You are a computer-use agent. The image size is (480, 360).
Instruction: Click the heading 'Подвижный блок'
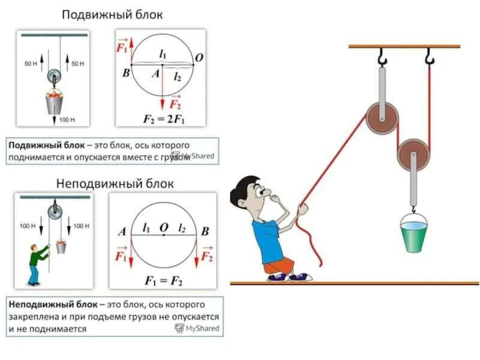coord(113,14)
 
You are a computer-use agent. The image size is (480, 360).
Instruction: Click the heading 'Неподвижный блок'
coord(115,183)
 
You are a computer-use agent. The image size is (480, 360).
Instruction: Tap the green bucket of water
coord(414,236)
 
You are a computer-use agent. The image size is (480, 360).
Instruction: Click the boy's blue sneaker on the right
coord(299,277)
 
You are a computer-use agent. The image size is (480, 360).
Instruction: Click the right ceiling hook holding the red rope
coord(429,58)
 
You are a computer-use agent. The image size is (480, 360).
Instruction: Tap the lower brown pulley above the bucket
coord(413,155)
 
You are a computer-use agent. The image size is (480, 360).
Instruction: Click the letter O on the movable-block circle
coord(199,58)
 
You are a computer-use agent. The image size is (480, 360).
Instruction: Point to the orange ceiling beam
coord(404,46)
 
